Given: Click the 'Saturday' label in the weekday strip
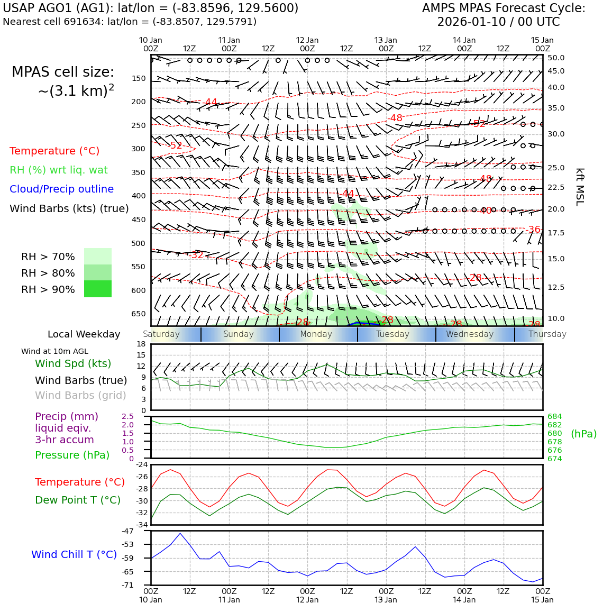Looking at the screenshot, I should coord(161,334).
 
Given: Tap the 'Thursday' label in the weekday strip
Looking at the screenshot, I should coord(547,334).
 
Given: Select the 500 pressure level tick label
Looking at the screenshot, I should coord(138,244).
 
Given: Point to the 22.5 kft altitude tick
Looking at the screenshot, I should coord(555,188).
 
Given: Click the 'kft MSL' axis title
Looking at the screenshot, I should coord(580,187).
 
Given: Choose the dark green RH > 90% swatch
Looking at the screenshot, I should coord(98,289).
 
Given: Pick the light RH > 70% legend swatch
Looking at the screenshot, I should coord(98,256).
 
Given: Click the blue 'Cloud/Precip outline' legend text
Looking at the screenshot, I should coord(61,189).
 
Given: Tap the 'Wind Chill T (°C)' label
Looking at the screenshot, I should coord(74,554).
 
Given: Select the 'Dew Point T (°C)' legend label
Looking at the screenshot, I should coord(78,500).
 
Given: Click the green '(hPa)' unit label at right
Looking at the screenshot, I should coord(583,434).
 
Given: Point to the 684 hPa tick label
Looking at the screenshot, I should coord(554,417).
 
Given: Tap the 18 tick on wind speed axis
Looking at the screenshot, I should coord(141,344).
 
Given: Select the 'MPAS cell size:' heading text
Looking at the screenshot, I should coord(63,72).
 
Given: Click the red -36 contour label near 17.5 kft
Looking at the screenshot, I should coord(534,230).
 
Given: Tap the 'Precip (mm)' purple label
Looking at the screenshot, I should coord(67,417).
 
